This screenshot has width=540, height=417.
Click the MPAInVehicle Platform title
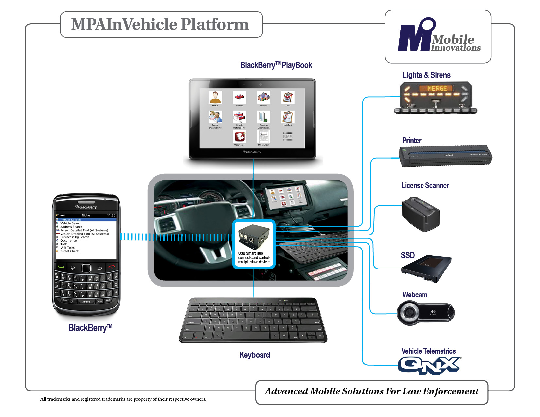(x=160, y=25)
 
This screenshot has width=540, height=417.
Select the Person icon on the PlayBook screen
(x=215, y=97)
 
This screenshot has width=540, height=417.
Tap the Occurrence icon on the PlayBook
(x=239, y=137)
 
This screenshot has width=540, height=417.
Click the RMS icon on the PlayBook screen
(x=288, y=137)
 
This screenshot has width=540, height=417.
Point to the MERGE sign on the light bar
(x=437, y=88)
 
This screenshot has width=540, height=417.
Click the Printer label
(x=411, y=140)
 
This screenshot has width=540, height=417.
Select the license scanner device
(x=420, y=214)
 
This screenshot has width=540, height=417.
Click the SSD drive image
(x=427, y=269)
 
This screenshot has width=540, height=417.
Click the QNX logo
(x=429, y=365)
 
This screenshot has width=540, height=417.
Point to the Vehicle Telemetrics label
(x=428, y=351)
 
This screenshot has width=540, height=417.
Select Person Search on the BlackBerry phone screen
(x=70, y=220)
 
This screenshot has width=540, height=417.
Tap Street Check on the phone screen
(x=69, y=251)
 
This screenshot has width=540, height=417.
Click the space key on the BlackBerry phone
(x=86, y=302)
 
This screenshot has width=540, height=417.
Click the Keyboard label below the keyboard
(x=254, y=355)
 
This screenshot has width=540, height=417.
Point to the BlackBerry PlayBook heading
(x=276, y=65)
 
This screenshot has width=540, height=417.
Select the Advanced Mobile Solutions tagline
(x=371, y=391)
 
